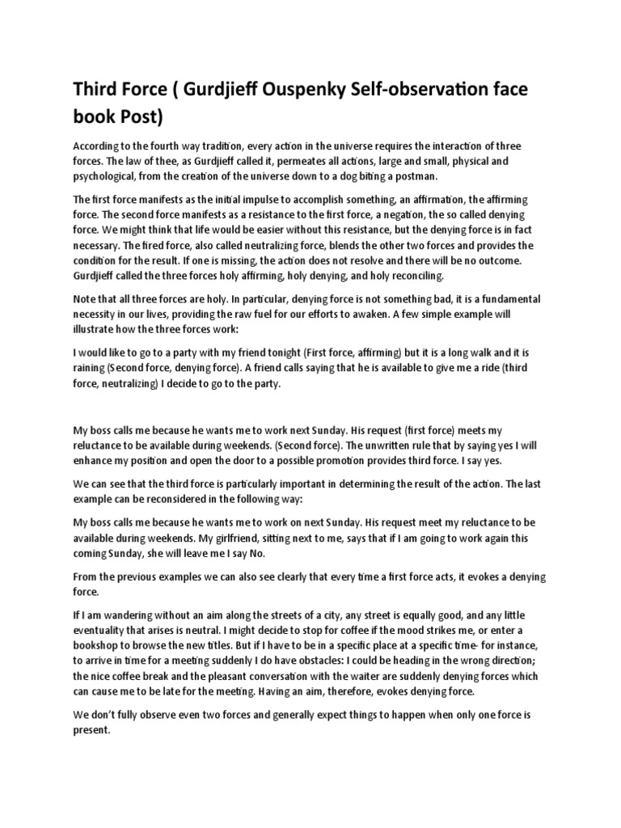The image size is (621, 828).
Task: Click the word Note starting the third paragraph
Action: tap(87, 298)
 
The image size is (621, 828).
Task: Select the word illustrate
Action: tap(98, 329)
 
